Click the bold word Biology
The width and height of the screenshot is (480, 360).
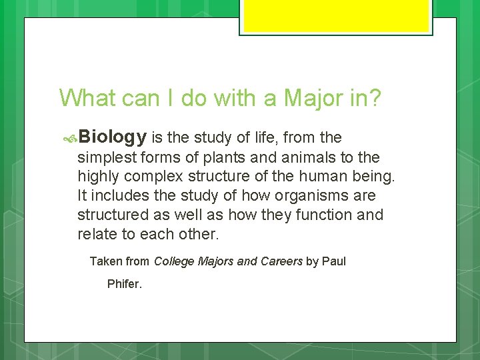click(x=113, y=137)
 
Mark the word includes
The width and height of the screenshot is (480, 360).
click(x=118, y=197)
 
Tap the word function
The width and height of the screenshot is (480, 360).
click(x=324, y=215)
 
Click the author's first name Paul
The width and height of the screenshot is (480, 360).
click(x=334, y=261)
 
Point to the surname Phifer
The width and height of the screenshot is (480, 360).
click(x=125, y=285)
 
